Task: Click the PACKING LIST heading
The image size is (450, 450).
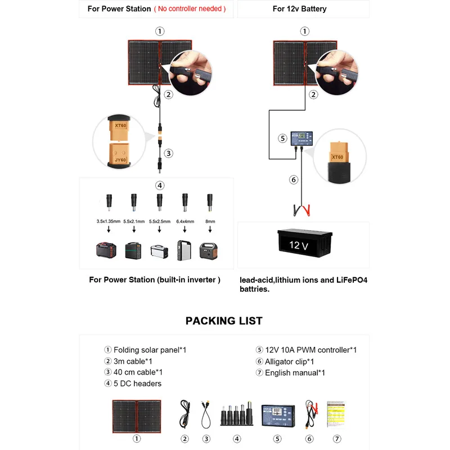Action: pyautogui.click(x=224, y=321)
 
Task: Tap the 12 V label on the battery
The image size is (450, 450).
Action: pyautogui.click(x=298, y=245)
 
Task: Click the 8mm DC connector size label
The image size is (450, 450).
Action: pyautogui.click(x=210, y=222)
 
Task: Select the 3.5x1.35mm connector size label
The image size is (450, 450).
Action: pyautogui.click(x=109, y=222)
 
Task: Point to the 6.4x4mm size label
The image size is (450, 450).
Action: pyautogui.click(x=184, y=222)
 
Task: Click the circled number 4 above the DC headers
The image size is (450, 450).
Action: pyautogui.click(x=160, y=185)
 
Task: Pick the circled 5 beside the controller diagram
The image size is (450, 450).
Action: pyautogui.click(x=282, y=138)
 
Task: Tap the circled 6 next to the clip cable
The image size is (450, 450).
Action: pyautogui.click(x=292, y=180)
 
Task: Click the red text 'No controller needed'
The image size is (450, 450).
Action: pyautogui.click(x=190, y=8)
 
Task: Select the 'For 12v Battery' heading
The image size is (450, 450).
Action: pyautogui.click(x=299, y=8)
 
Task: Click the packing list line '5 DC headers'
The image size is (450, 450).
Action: pyautogui.click(x=137, y=384)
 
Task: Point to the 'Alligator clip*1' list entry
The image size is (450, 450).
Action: pyautogui.click(x=290, y=361)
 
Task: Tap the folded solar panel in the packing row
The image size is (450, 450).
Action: pyautogui.click(x=136, y=415)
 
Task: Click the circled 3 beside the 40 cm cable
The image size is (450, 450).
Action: pyautogui.click(x=168, y=152)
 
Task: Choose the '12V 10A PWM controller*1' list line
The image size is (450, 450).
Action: pyautogui.click(x=311, y=350)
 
